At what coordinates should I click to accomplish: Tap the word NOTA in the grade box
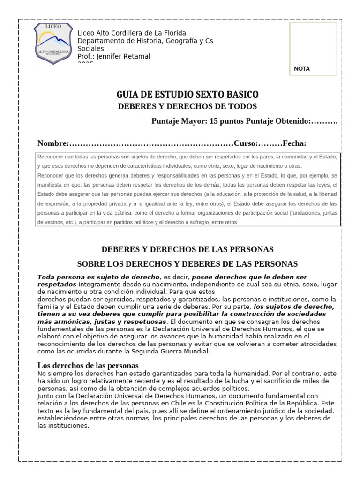pos(302,68)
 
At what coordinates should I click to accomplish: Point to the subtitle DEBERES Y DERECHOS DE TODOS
pos(187,106)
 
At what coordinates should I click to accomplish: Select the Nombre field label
pos(52,143)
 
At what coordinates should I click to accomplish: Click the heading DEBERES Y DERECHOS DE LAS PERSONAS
pos(187,249)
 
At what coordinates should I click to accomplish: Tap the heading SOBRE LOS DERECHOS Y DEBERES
pos(187,264)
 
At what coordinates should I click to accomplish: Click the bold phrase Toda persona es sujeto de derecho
pos(99,277)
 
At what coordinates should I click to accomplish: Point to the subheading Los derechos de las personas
pos(88,365)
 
